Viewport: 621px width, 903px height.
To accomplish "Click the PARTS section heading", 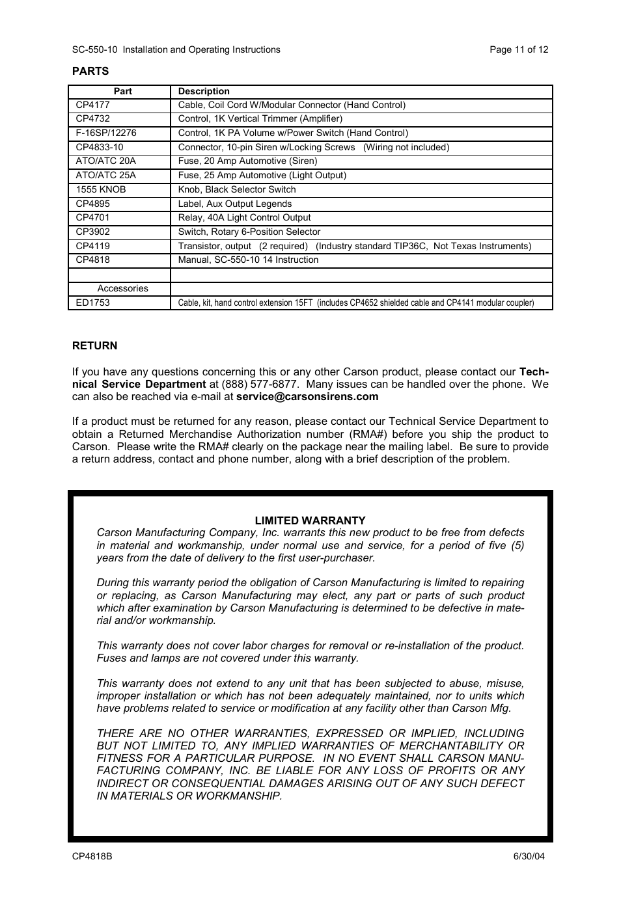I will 90,72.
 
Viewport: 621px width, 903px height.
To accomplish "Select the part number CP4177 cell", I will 92,105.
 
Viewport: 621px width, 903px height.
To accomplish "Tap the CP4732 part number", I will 92,118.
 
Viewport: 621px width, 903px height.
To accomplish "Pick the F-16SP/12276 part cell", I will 106,133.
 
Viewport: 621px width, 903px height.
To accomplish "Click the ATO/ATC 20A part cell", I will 105,161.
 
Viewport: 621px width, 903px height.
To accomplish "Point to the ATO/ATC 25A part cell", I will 105,175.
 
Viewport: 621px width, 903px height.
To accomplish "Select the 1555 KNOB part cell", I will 101,189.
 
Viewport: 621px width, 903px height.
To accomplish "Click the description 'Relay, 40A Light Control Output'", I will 244,217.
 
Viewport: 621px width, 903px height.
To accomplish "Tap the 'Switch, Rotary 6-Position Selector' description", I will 249,232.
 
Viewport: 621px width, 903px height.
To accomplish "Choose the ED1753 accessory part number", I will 92,303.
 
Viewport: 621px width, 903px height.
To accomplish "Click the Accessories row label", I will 122,288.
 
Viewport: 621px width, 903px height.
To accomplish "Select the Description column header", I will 204,91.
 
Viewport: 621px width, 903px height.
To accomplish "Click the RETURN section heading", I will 95,346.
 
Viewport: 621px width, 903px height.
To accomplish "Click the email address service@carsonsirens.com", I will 307,397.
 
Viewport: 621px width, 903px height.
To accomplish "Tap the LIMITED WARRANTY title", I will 310,520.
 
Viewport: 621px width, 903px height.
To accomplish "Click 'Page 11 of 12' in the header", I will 519,49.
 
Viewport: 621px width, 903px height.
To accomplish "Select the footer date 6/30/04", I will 529,856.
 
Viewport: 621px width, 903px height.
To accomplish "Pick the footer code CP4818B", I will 92,856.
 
